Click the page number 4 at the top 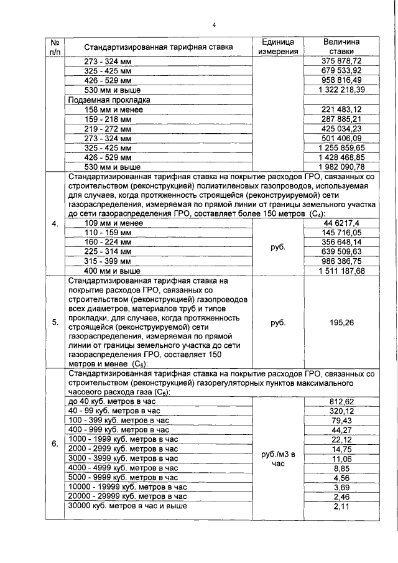(214, 26)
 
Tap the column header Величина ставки (341, 47)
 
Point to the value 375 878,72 (341, 61)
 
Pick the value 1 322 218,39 (341, 90)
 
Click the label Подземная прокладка (109, 100)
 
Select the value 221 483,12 (341, 109)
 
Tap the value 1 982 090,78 (341, 167)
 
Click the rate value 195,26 (341, 322)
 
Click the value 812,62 (341, 401)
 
